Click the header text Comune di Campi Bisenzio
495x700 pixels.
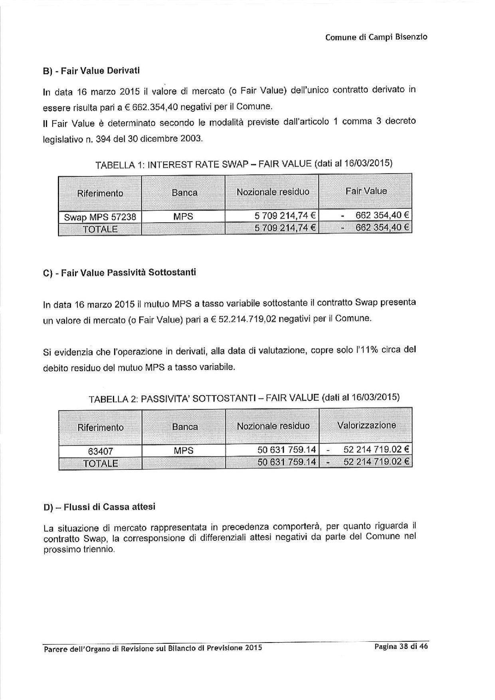pyautogui.click(x=376, y=37)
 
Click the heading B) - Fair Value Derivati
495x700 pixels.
pyautogui.click(x=91, y=71)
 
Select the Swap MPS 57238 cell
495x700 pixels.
pyautogui.click(x=100, y=217)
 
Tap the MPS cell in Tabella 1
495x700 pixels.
pyautogui.click(x=183, y=216)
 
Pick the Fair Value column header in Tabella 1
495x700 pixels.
pyautogui.click(x=366, y=191)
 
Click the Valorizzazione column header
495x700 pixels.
pyautogui.click(x=366, y=425)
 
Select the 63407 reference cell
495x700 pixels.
pyautogui.click(x=100, y=451)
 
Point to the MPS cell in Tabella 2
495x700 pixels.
pyautogui.click(x=184, y=451)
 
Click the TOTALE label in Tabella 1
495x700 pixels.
pyautogui.click(x=100, y=229)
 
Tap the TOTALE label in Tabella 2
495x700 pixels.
pyautogui.click(x=100, y=464)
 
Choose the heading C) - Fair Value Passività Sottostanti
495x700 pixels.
pyautogui.click(x=119, y=273)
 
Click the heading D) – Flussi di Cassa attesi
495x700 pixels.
pyautogui.click(x=99, y=507)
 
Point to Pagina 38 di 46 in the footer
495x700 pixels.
pyautogui.click(x=401, y=646)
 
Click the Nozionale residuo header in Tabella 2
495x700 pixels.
pyautogui.click(x=273, y=426)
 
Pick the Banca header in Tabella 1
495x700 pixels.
pyautogui.click(x=184, y=192)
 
